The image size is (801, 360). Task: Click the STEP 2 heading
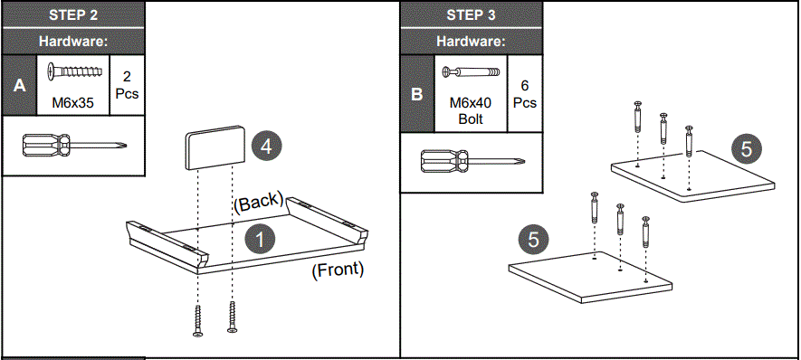73,15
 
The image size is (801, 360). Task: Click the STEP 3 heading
471,15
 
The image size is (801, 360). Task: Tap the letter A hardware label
18,86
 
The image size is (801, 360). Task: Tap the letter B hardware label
416,94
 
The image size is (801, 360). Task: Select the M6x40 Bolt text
471,110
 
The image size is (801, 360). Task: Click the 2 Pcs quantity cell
127,86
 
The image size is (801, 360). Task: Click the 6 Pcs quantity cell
525,94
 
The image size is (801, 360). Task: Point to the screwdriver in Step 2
73,146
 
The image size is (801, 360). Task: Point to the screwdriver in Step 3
472,163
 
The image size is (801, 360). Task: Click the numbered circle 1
259,240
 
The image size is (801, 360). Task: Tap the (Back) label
259,202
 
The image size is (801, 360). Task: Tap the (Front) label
337,269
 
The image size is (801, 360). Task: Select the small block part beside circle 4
215,147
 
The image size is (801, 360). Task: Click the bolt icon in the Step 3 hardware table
471,71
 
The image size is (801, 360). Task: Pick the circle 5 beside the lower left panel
532,239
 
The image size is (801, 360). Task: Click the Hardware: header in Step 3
471,41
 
